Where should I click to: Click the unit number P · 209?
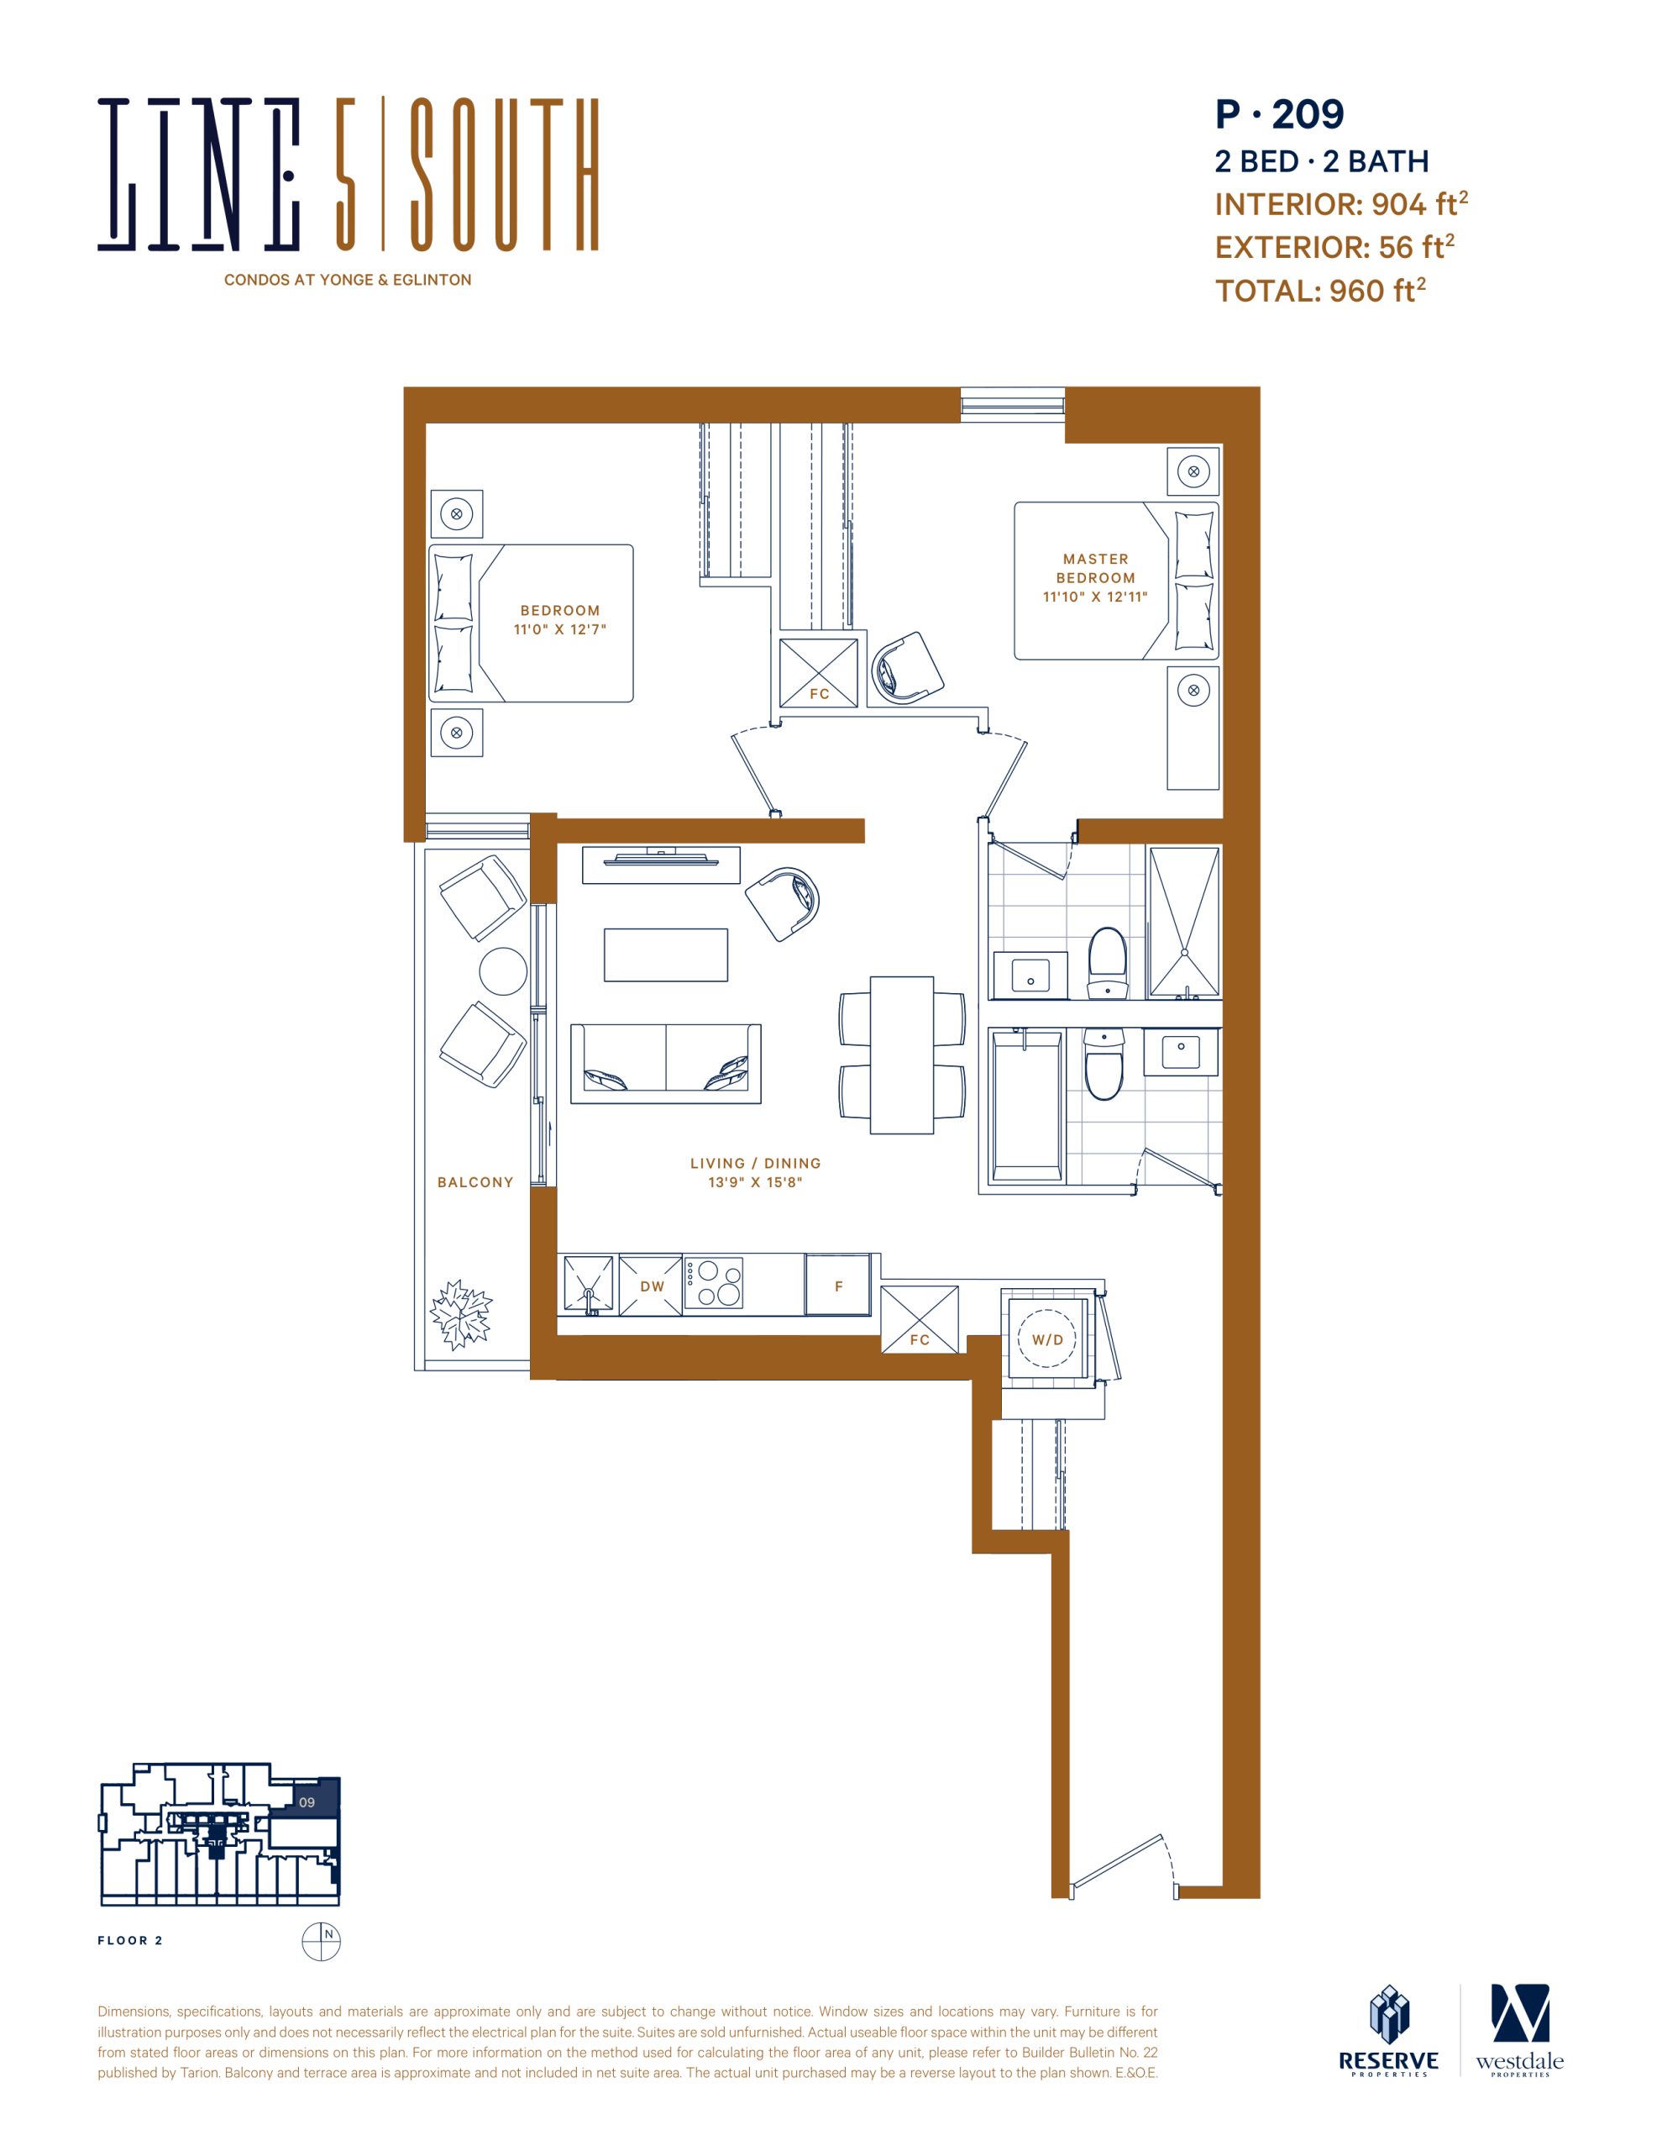pos(1279,114)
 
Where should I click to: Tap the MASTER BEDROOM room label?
pos(1095,568)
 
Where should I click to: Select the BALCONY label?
pos(475,1182)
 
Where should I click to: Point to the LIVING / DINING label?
pos(755,1163)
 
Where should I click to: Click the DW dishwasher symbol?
pos(651,1284)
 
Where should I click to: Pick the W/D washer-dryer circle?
pos(1046,1338)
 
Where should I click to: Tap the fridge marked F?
pos(838,1284)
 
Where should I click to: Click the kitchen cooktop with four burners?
pos(714,1283)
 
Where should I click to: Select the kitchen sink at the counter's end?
pos(588,1284)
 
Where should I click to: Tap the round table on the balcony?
pos(503,971)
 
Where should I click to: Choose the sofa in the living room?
pos(666,1063)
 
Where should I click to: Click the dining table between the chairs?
pos(902,1054)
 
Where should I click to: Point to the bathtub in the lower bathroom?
pos(1027,1105)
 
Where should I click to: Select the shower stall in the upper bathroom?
pos(1184,922)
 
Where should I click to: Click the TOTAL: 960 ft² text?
pos(1320,291)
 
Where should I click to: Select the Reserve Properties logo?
pos(1388,2031)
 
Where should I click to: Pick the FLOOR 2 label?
pos(130,1940)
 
